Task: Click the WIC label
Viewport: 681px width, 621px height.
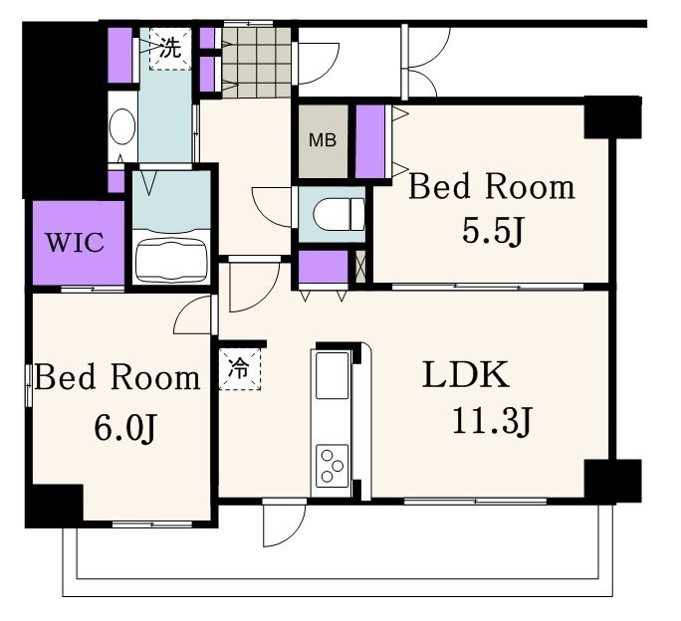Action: pos(75,242)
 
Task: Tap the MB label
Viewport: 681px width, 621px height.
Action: pos(323,140)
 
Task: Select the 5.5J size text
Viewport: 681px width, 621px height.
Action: pos(492,232)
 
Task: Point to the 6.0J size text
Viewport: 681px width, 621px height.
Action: pos(124,428)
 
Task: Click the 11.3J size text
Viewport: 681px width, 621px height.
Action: pos(492,422)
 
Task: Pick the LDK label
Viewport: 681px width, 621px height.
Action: pos(466,375)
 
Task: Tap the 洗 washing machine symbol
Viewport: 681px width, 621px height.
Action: pos(170,48)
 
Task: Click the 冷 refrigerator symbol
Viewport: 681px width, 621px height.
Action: pos(239,368)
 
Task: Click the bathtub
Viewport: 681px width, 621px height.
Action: pos(170,261)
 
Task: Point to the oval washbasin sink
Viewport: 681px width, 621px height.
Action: pos(122,126)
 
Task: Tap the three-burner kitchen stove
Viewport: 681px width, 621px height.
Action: pos(332,466)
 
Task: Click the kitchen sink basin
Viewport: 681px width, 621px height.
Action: pos(333,375)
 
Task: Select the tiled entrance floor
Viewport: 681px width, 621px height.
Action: pos(257,63)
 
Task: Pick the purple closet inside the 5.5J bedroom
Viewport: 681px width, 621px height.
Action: pos(370,141)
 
